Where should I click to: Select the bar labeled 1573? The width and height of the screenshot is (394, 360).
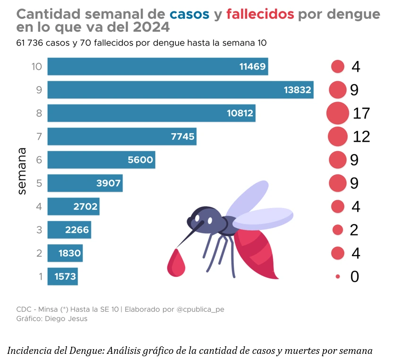pos(62,276)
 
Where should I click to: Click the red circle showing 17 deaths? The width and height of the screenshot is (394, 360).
pos(337,113)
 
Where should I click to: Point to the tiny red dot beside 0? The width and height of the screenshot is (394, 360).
pos(338,276)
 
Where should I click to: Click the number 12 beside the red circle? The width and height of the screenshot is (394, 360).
pos(361,137)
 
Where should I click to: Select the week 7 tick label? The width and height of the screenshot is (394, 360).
pos(39,137)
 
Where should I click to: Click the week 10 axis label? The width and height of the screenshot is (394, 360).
pos(37,67)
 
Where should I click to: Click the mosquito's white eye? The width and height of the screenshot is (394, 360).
pos(209,221)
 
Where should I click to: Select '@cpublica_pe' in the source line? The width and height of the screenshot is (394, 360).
pos(200,309)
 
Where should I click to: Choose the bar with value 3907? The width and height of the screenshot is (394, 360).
pos(85,183)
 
